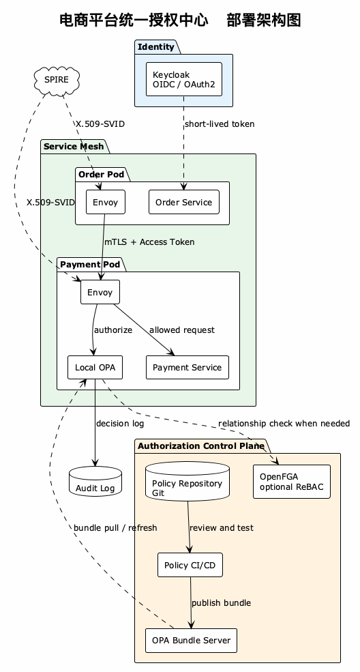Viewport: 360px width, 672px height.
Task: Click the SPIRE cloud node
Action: [57, 80]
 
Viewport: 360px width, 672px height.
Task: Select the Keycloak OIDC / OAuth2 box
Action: [184, 79]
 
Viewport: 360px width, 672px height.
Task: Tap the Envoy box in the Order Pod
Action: [106, 202]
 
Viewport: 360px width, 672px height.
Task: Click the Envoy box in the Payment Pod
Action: [100, 292]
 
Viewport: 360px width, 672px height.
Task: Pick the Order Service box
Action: [184, 202]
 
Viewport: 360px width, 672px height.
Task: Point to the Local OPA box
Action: [95, 367]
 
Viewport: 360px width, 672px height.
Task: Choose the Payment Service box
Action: [187, 367]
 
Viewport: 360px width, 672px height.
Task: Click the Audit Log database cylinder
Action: [95, 481]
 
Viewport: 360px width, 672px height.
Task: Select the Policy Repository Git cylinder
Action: [187, 481]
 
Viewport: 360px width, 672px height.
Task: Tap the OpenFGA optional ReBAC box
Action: [292, 482]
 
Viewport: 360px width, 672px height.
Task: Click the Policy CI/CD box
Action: [190, 566]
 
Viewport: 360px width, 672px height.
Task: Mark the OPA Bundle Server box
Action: [191, 641]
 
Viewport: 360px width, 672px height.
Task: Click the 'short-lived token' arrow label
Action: [220, 124]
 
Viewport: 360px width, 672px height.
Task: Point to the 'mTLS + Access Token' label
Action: [150, 242]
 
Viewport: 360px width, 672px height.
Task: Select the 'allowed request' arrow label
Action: [182, 330]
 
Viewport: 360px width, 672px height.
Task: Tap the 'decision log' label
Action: [120, 424]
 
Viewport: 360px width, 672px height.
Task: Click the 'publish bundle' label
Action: [222, 603]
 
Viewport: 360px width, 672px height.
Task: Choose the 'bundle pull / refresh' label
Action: [116, 527]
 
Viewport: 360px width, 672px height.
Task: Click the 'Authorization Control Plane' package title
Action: [200, 446]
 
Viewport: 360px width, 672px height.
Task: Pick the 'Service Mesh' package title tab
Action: [74, 147]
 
